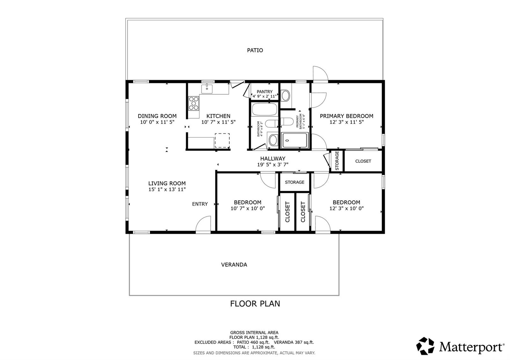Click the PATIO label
click(255, 50)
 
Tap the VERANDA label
click(234, 265)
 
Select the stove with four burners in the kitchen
click(193, 103)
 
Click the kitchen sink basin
click(207, 89)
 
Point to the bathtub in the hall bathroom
click(264, 109)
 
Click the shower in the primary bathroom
click(295, 140)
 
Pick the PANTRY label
click(265, 91)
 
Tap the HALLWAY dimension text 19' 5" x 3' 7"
click(273, 164)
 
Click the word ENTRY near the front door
click(200, 204)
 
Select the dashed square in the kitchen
click(222, 140)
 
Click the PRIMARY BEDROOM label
click(346, 116)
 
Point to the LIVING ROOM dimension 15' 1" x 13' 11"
click(167, 189)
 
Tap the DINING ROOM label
click(157, 116)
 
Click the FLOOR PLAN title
click(255, 304)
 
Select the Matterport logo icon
click(425, 346)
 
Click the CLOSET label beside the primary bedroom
click(363, 161)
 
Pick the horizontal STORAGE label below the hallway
click(295, 182)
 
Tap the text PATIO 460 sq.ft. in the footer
click(253, 342)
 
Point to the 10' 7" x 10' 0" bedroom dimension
click(248, 208)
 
